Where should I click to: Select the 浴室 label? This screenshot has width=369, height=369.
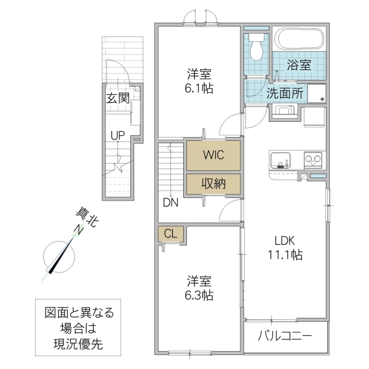pyautogui.click(x=299, y=65)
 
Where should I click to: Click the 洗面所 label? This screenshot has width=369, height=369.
pyautogui.click(x=284, y=93)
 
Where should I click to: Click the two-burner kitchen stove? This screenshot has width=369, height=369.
pyautogui.click(x=314, y=161)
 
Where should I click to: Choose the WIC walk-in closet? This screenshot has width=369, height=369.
pyautogui.click(x=213, y=156)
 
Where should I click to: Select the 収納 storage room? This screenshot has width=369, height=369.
pyautogui.click(x=213, y=184)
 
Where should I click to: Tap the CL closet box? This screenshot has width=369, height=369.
pyautogui.click(x=171, y=234)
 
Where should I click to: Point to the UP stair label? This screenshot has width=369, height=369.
pyautogui.click(x=117, y=135)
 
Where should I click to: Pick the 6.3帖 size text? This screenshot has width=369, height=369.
pyautogui.click(x=200, y=295)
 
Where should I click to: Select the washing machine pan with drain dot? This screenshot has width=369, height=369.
pyautogui.click(x=316, y=94)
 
